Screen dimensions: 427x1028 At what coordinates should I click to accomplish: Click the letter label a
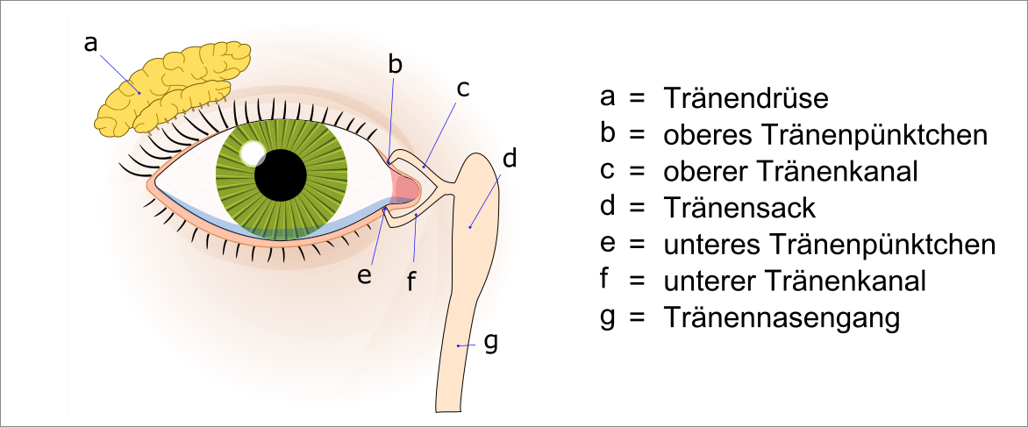(90, 42)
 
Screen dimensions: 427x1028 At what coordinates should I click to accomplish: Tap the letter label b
(396, 64)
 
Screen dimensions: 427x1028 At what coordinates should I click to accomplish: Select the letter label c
(463, 88)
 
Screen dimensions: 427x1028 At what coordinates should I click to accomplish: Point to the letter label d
(509, 159)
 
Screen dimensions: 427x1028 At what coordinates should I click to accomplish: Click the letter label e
(365, 274)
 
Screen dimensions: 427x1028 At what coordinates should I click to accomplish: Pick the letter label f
(410, 281)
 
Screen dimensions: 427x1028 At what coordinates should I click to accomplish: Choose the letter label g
(490, 341)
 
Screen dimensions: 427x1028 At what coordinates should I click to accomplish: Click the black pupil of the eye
(281, 174)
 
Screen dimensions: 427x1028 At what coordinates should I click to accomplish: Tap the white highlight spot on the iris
(253, 153)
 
